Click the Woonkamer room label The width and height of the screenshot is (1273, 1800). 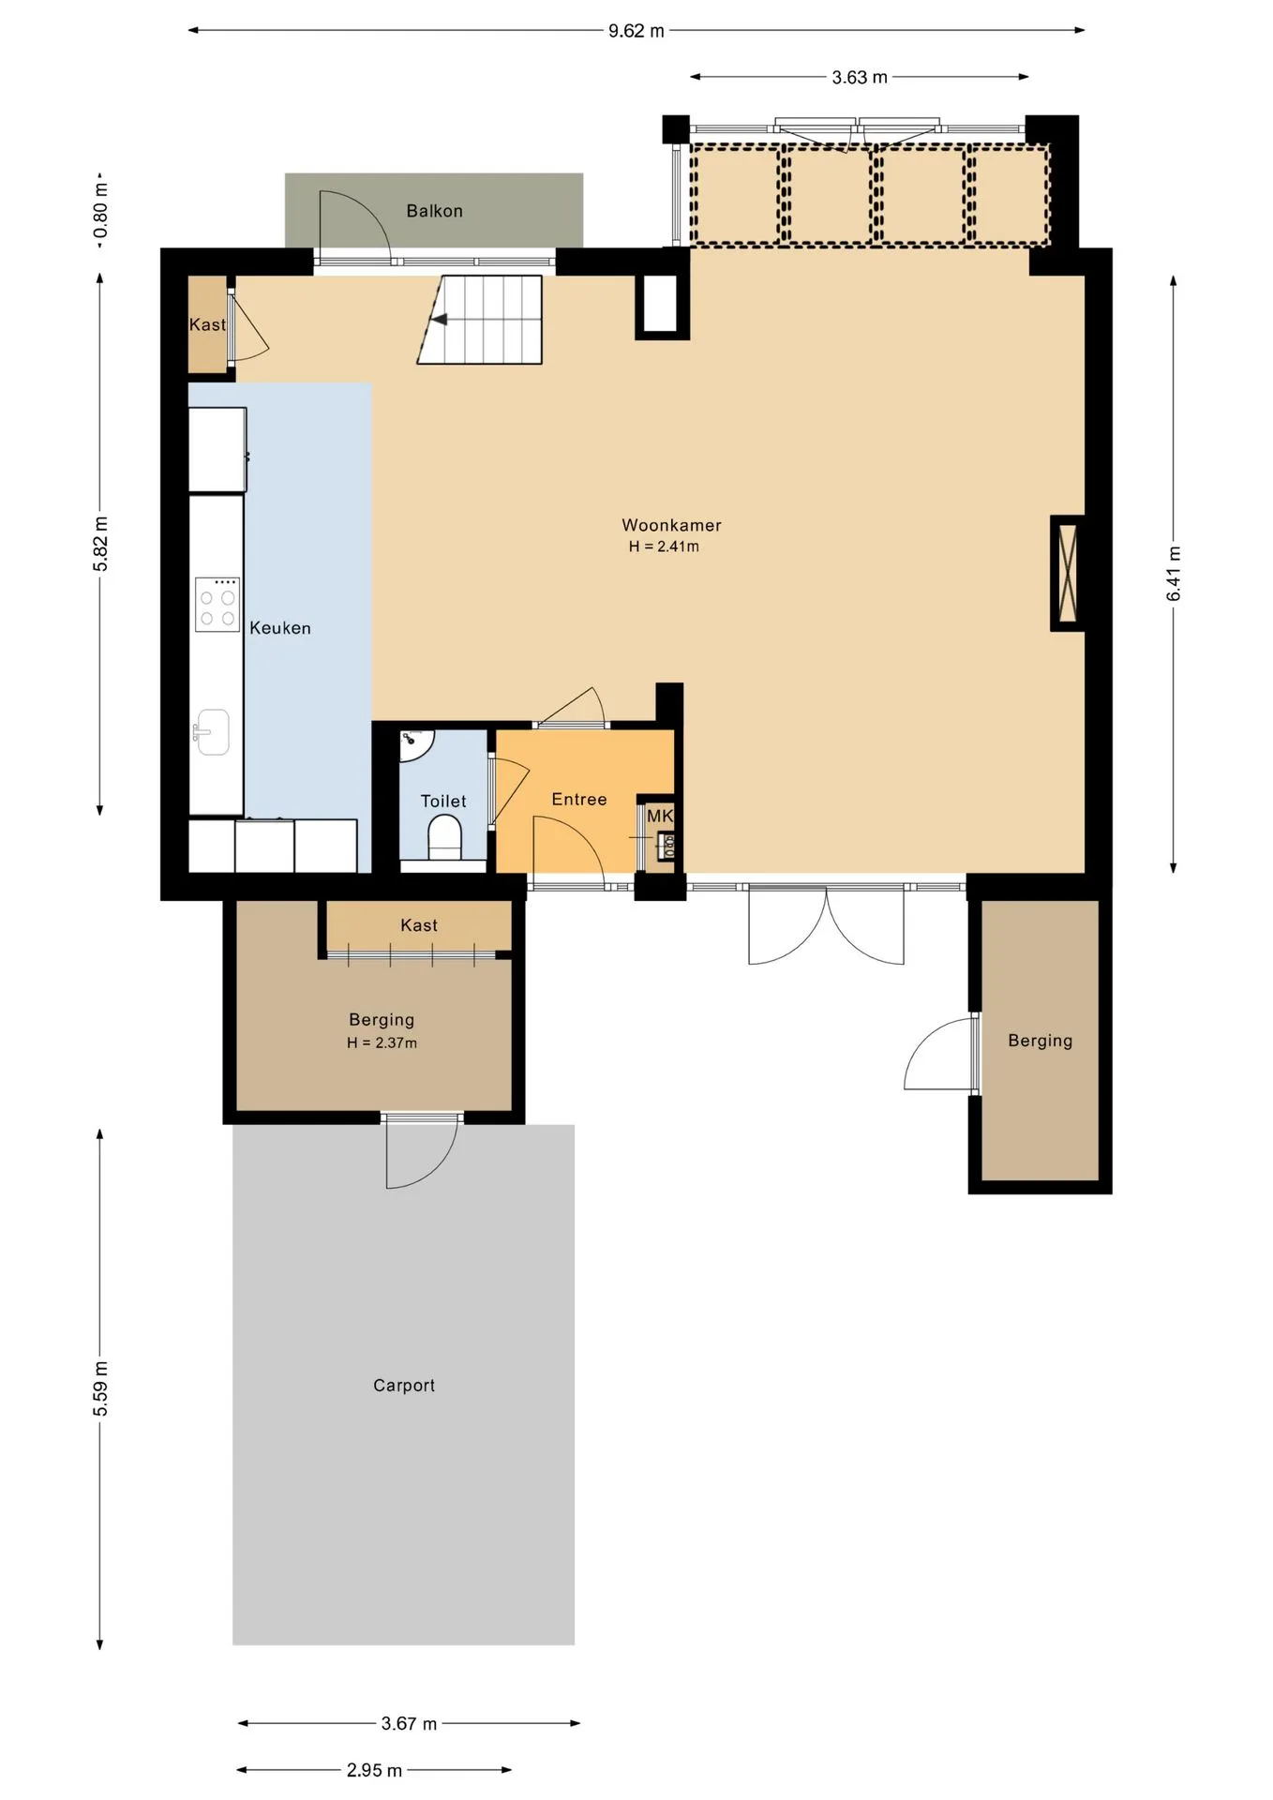pyautogui.click(x=671, y=525)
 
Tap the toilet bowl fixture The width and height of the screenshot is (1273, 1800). pyautogui.click(x=444, y=836)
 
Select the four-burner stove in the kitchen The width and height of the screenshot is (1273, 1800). pyautogui.click(x=217, y=604)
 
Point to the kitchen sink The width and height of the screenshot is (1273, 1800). pyautogui.click(x=213, y=731)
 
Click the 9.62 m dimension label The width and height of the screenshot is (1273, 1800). pyautogui.click(x=636, y=31)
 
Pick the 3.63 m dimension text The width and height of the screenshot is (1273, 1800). pyautogui.click(x=860, y=78)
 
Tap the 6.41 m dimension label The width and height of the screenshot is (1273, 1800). pyautogui.click(x=1174, y=574)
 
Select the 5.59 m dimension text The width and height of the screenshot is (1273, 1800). pyautogui.click(x=100, y=1388)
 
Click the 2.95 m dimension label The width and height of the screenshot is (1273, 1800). pyautogui.click(x=374, y=1770)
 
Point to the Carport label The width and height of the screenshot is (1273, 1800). pyautogui.click(x=404, y=1385)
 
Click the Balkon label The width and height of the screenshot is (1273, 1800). pyautogui.click(x=434, y=211)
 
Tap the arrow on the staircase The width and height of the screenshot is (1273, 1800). pyautogui.click(x=438, y=320)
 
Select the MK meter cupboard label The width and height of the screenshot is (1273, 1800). pyautogui.click(x=660, y=816)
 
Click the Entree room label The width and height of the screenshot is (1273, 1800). pyautogui.click(x=579, y=799)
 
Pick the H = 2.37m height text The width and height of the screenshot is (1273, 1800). pyautogui.click(x=382, y=1042)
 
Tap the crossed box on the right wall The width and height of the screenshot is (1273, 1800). pyautogui.click(x=1067, y=573)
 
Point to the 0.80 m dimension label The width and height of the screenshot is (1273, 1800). pyautogui.click(x=100, y=211)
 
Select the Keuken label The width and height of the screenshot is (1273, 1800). pyautogui.click(x=280, y=628)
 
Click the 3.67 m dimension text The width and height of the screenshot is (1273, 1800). pyautogui.click(x=409, y=1723)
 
